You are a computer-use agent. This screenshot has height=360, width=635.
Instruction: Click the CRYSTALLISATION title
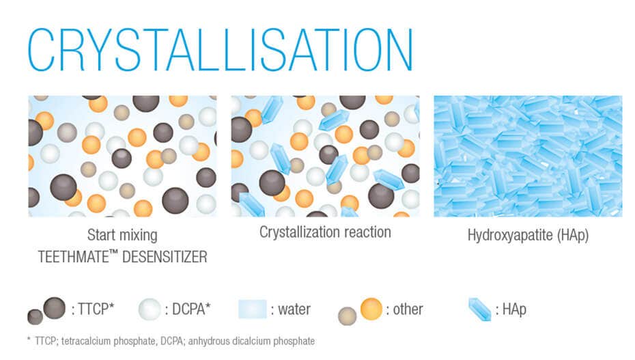point(221,50)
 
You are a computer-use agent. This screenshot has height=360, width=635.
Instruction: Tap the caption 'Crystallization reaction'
point(325,232)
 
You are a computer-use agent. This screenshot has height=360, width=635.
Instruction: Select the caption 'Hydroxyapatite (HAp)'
point(528,235)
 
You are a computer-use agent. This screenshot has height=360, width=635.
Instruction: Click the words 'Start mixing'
point(122,235)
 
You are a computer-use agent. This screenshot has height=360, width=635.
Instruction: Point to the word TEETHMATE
point(73,257)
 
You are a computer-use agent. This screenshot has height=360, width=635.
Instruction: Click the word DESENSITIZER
point(165,257)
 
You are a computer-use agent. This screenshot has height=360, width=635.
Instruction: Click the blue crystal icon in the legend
point(480,309)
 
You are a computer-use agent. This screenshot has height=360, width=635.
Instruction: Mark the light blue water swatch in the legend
point(253,309)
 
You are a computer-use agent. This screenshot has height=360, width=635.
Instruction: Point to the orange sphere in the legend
point(371,309)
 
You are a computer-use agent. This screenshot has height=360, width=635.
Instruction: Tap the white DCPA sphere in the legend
point(150,309)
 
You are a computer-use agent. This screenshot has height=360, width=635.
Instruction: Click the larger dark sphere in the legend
point(54,308)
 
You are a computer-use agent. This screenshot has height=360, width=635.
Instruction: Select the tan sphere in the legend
point(347,316)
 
